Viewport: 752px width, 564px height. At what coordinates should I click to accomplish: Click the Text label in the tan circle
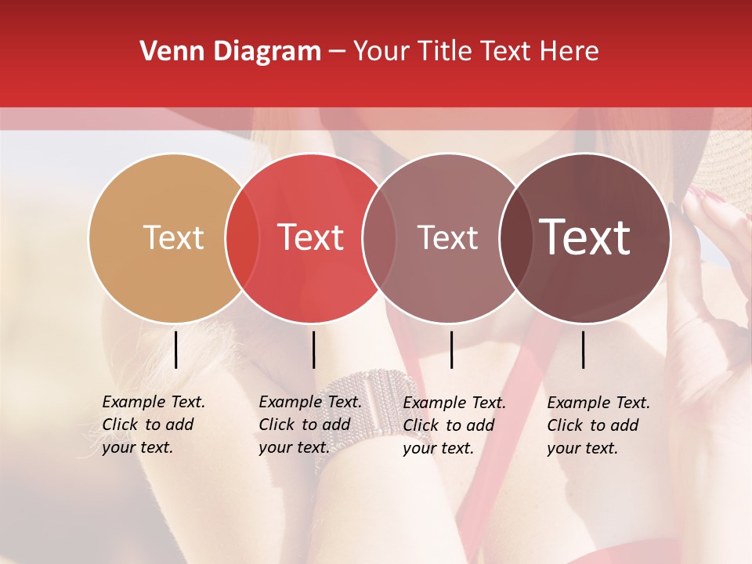pos(173,237)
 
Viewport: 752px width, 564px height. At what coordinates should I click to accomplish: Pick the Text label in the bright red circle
pos(310,237)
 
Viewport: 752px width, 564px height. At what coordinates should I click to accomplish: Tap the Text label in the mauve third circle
pos(447,237)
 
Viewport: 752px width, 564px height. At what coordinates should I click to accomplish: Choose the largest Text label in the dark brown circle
pos(584,237)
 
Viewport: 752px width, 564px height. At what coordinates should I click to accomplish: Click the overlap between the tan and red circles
pos(242,238)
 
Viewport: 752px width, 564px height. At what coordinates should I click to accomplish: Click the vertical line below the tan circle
pos(175,349)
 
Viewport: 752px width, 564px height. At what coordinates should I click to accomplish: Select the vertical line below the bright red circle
pos(313,349)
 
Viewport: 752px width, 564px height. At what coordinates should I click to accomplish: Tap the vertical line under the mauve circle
pos(451,349)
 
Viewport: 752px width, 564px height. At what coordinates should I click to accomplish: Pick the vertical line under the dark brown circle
pos(583,349)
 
